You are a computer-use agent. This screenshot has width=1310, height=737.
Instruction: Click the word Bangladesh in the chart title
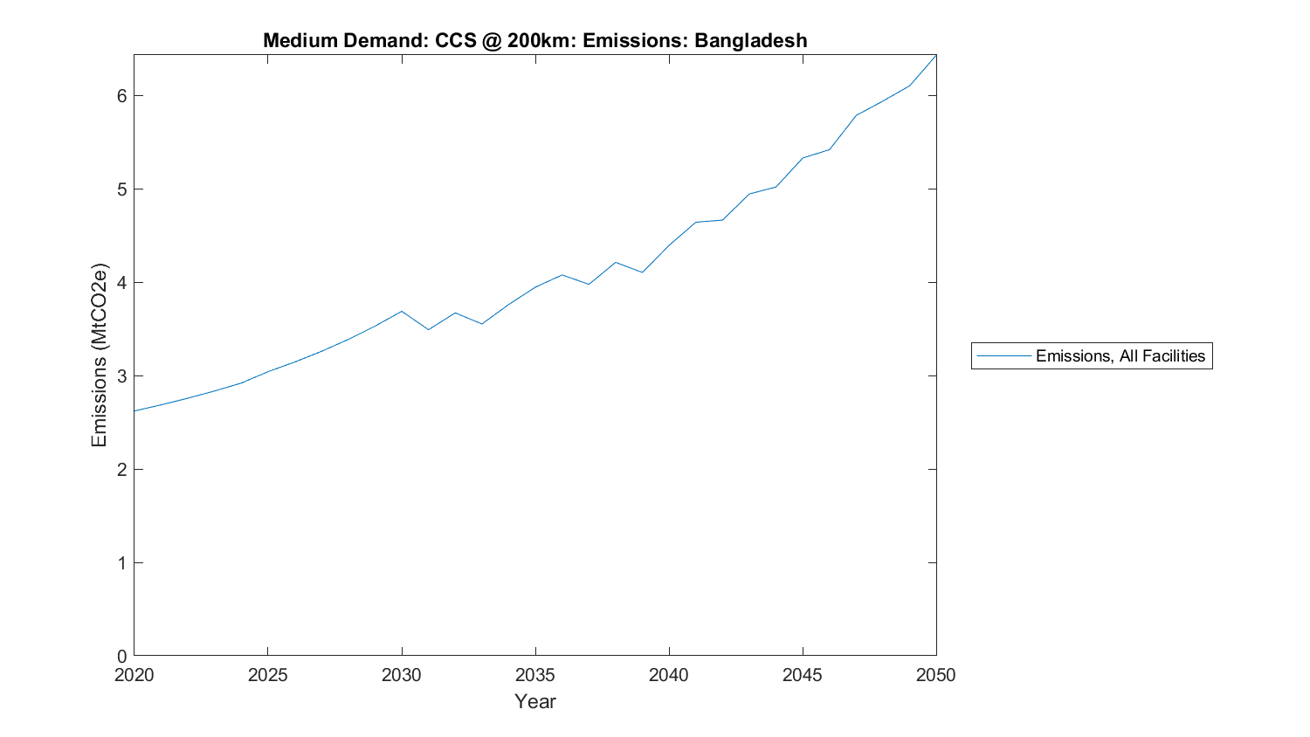[750, 40]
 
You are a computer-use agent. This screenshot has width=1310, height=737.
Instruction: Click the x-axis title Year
[534, 701]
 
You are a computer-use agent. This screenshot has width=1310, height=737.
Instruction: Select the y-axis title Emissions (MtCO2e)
[100, 355]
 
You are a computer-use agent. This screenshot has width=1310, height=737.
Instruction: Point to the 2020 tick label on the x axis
[134, 675]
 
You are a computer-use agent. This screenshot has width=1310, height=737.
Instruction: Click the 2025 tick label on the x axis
[267, 675]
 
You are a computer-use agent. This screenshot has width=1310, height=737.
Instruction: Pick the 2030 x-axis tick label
[402, 675]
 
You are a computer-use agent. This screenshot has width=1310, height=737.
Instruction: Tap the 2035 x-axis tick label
[535, 675]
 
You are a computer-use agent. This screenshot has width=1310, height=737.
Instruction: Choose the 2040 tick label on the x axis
[669, 675]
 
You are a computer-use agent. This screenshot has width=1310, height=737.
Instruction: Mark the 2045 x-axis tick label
[803, 675]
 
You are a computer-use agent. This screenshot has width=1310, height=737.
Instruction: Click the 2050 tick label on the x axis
[936, 675]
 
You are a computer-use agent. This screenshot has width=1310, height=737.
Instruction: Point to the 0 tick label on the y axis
[121, 656]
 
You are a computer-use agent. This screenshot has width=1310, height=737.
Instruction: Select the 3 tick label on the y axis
[121, 375]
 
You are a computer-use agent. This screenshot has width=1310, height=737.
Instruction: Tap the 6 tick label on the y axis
[121, 95]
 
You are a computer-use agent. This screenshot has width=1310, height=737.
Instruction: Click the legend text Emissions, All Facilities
[1120, 355]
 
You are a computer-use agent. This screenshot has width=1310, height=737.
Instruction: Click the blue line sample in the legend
[1003, 355]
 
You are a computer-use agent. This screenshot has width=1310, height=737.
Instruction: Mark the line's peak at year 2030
[402, 311]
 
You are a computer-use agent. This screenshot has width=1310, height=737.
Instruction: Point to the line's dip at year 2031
[428, 329]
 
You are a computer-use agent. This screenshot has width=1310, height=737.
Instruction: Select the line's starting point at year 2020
[134, 410]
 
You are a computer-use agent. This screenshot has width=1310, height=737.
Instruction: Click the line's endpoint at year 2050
[936, 55]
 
